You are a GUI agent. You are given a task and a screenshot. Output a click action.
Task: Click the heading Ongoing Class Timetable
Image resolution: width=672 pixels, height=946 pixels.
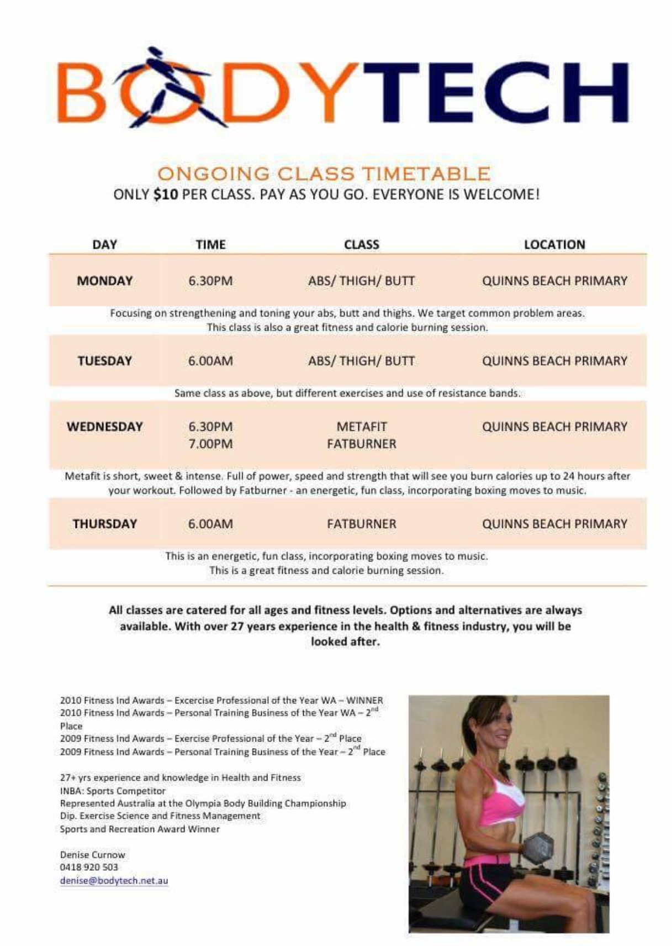coord(324,174)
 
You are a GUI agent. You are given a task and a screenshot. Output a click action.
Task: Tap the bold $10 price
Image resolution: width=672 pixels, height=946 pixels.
coord(166,195)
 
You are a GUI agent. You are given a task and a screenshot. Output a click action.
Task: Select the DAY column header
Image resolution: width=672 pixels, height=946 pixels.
coord(104,244)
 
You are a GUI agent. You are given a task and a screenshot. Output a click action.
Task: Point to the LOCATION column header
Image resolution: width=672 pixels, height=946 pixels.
coord(554,244)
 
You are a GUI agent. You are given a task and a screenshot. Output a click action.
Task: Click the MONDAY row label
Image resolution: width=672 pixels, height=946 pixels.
coord(104,281)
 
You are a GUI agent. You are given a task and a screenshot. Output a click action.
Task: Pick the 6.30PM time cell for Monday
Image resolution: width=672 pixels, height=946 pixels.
coord(210,281)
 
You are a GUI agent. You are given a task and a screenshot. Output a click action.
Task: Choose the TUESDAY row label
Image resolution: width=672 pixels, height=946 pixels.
coord(104,361)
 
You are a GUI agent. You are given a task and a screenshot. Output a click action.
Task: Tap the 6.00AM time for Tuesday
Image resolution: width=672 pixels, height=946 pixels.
coord(210,361)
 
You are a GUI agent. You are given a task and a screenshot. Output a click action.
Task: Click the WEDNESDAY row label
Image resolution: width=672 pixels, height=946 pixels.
coord(104,427)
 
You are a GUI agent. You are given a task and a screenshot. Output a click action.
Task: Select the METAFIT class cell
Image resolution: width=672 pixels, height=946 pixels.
coord(362,427)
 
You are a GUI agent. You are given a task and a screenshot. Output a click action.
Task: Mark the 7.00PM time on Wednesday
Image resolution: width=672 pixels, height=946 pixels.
coord(210,444)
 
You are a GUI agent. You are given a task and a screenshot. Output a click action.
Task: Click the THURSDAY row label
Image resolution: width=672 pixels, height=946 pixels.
coord(104,524)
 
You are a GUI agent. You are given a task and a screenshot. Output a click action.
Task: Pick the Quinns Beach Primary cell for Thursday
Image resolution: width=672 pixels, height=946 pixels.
coord(554,524)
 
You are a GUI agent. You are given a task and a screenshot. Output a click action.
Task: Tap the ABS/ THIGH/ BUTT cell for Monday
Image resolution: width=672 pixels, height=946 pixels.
coord(361,281)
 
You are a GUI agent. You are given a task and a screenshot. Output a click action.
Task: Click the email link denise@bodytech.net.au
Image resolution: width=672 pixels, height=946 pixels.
coord(114,880)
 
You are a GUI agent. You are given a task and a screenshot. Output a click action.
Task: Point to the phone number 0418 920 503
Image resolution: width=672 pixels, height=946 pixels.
coord(89,867)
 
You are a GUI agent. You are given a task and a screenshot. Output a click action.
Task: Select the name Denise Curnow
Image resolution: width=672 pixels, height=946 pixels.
coord(93,854)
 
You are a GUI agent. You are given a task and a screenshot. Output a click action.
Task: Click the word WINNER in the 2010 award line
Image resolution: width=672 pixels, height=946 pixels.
coord(364,700)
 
